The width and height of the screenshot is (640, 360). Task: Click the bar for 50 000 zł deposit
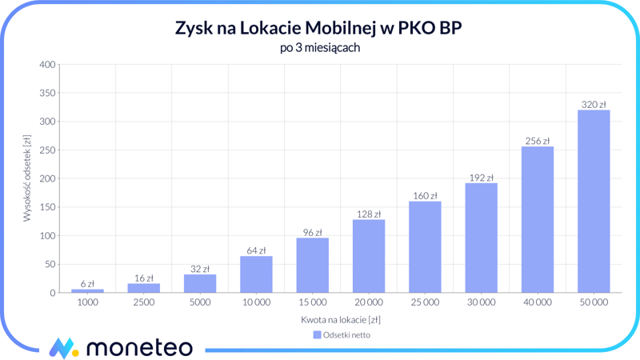(593, 202)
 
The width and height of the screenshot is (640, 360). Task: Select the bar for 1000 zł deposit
(87, 290)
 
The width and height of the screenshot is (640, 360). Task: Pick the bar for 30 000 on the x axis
(481, 238)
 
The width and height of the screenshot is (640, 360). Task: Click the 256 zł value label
(537, 141)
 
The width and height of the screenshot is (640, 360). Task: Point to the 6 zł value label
(87, 283)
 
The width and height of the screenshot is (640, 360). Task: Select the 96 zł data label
(312, 233)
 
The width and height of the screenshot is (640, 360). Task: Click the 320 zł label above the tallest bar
(593, 105)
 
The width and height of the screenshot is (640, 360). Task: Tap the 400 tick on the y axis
(47, 65)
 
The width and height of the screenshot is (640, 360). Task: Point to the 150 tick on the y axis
(47, 207)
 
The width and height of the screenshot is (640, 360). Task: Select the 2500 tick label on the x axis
(143, 303)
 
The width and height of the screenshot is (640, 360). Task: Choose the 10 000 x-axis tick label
(256, 303)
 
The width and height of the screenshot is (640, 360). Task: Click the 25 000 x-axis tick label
(425, 303)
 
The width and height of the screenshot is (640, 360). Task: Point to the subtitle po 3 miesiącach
(319, 48)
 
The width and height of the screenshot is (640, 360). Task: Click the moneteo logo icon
(63, 348)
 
